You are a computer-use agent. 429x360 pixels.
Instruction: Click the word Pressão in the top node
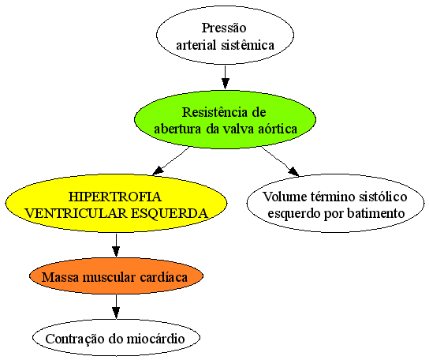pyautogui.click(x=224, y=28)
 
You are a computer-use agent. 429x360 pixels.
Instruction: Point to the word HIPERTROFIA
pyautogui.click(x=115, y=197)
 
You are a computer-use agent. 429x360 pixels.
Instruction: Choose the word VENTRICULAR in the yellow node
pyautogui.click(x=76, y=213)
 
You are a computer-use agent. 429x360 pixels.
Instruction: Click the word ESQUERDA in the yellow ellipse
pyautogui.click(x=170, y=213)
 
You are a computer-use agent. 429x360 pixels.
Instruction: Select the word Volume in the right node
pyautogui.click(x=285, y=197)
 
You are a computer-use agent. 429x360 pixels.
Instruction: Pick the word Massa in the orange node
pyautogui.click(x=61, y=277)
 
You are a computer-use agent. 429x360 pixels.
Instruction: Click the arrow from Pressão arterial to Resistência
pyautogui.click(x=226, y=77)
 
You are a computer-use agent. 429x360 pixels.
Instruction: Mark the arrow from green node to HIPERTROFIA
pyautogui.click(x=171, y=161)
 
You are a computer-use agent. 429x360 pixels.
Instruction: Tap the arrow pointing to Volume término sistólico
pyautogui.click(x=280, y=161)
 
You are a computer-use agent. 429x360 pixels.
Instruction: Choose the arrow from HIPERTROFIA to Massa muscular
pyautogui.click(x=116, y=246)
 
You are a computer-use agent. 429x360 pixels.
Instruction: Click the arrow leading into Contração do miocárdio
pyautogui.click(x=116, y=306)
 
